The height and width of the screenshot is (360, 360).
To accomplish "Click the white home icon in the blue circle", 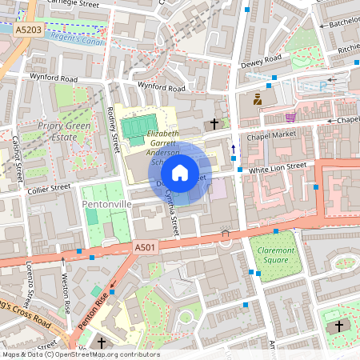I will pyautogui.click(x=180, y=173).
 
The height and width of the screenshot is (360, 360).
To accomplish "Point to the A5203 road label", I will pyautogui.click(x=29, y=29).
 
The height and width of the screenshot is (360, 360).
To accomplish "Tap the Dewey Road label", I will pyautogui.click(x=263, y=59).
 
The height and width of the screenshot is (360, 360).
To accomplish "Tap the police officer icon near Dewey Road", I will pyautogui.click(x=258, y=100).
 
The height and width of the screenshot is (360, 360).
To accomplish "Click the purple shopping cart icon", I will pyautogui.click(x=290, y=117).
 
